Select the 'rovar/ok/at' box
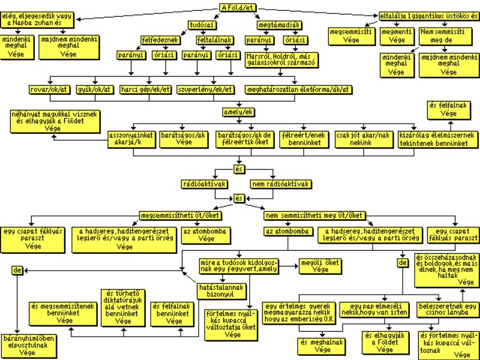[x=48, y=89]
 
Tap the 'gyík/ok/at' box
[x=94, y=89]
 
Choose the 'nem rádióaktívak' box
[x=281, y=184]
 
